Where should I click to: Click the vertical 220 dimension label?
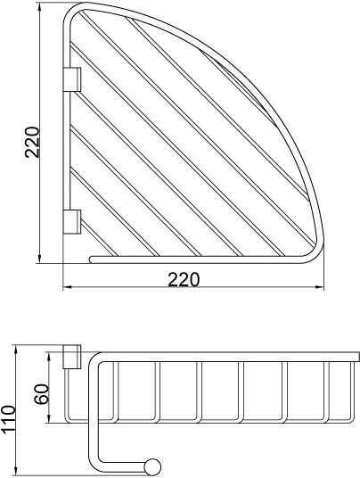tap(32, 142)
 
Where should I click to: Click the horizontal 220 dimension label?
tap(184, 279)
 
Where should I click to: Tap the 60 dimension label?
tap(42, 394)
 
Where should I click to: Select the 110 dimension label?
tap(8, 420)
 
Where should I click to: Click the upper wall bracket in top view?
tap(72, 79)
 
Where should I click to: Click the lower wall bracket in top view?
tap(72, 222)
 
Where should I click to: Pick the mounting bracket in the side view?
tap(72, 357)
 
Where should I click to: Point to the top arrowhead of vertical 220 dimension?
tap(39, 6)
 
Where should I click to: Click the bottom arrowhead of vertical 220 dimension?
tap(39, 259)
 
